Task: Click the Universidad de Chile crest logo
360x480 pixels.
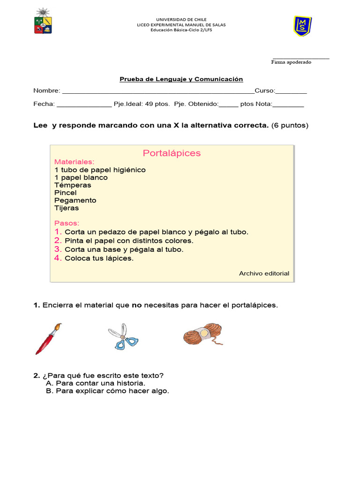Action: tap(43, 22)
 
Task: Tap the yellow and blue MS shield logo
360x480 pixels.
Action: tap(302, 26)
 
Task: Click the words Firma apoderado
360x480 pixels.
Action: tap(291, 62)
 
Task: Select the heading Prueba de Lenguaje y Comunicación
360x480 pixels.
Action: tap(181, 79)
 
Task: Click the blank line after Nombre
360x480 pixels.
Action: tap(158, 91)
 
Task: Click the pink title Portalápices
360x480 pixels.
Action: tap(172, 153)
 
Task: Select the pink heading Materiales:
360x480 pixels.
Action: tap(74, 162)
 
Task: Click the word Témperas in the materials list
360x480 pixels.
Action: tap(73, 185)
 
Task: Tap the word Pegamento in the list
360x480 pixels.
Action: tap(75, 200)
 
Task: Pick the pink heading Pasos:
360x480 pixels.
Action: tap(67, 223)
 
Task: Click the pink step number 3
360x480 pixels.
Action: tap(58, 249)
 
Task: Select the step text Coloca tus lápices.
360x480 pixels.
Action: tap(99, 258)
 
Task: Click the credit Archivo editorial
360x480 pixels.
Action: tap(264, 273)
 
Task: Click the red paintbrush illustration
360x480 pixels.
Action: tap(48, 338)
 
